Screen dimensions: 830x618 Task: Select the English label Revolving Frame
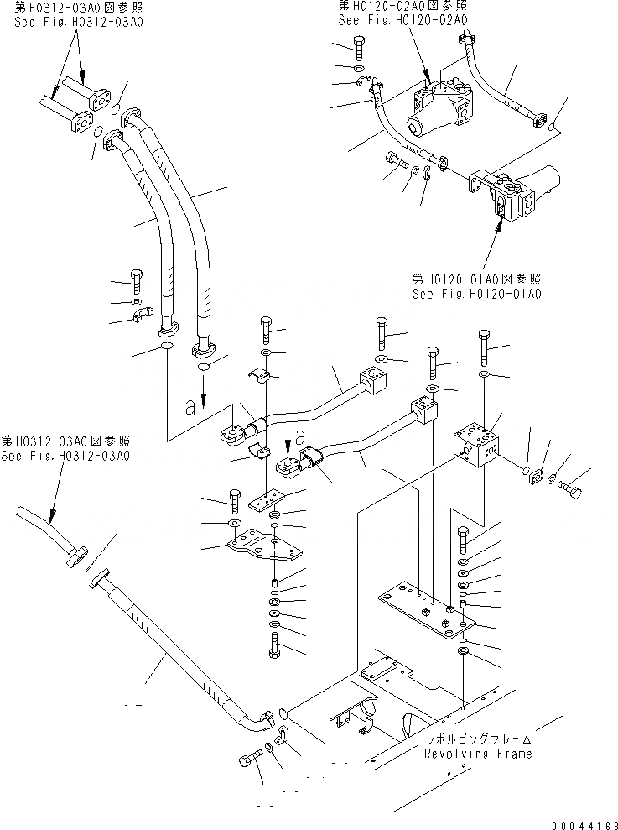point(477,754)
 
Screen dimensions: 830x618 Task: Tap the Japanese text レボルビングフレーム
point(477,739)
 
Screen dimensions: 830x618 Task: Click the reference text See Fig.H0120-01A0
point(476,294)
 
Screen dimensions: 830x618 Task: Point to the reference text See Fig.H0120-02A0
point(402,20)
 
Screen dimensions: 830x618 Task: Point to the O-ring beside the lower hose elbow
point(283,713)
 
